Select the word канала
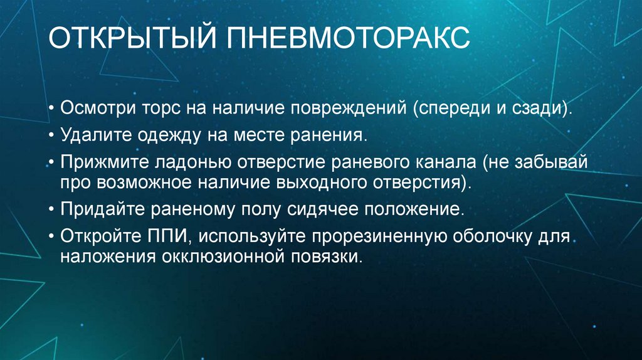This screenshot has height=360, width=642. coord(446,162)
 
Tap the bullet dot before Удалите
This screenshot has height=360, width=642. coord(51,135)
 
